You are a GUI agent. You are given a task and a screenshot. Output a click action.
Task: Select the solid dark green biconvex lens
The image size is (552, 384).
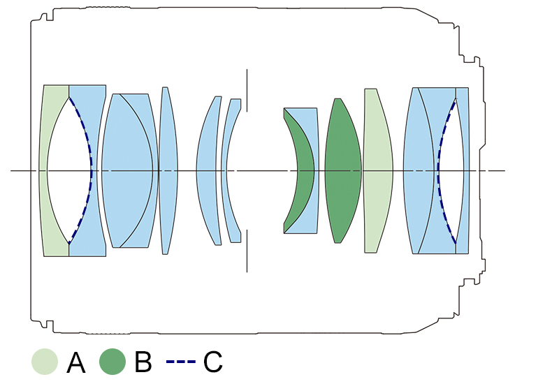(x=342, y=171)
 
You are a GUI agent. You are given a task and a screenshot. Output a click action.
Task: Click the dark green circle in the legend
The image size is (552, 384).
(x=113, y=362)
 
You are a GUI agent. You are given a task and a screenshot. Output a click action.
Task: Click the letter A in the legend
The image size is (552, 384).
(x=75, y=362)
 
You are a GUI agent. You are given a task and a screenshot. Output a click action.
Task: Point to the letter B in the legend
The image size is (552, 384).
(x=143, y=362)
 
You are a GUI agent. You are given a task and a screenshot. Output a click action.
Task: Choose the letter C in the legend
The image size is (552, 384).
(x=212, y=362)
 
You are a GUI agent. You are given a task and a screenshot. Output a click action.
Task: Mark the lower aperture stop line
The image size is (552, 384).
(x=247, y=251)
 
